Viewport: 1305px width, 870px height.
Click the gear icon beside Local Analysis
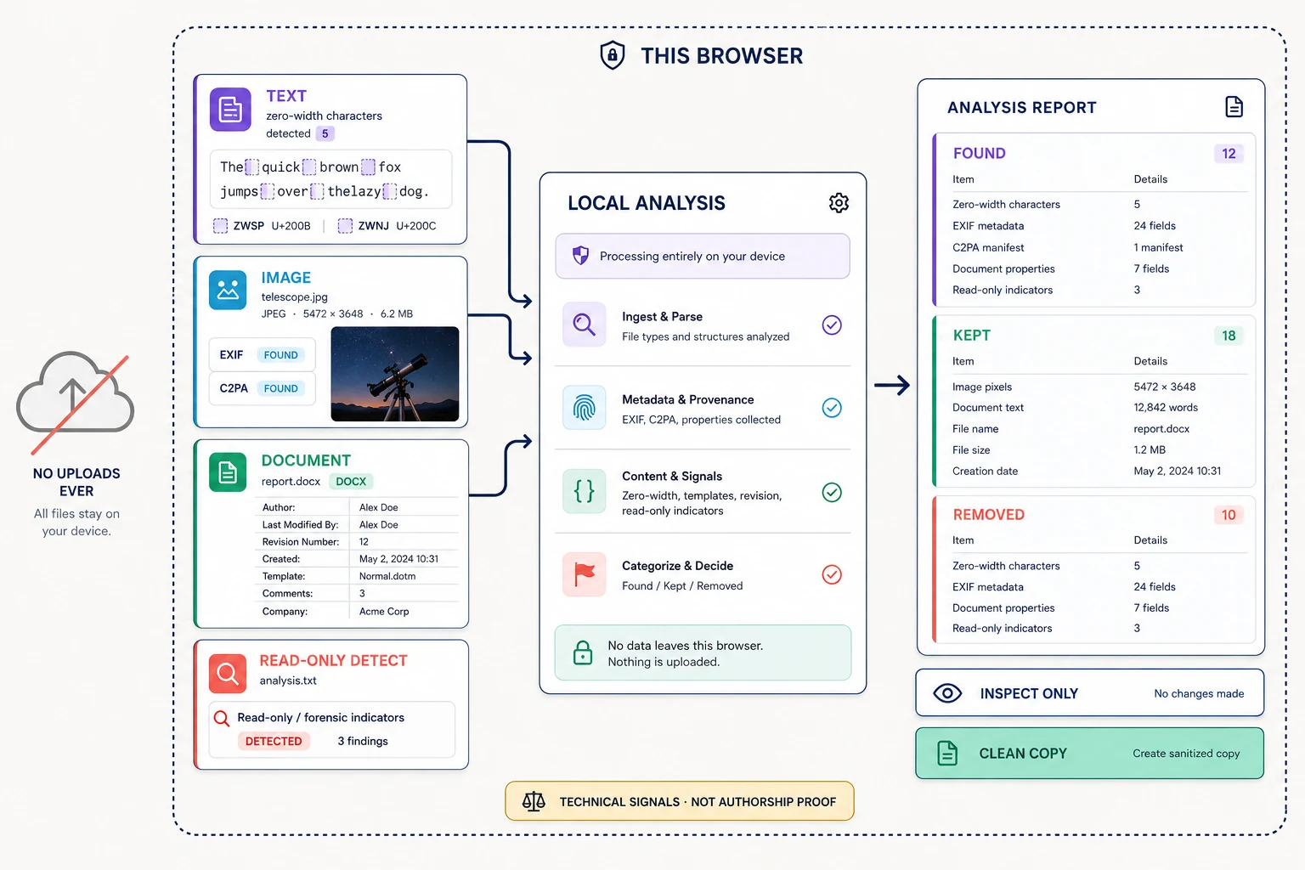click(x=839, y=203)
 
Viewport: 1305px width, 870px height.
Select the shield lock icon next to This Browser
click(x=613, y=55)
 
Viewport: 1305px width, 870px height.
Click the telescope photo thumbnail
click(x=394, y=374)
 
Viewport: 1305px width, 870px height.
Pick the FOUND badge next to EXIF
click(x=280, y=355)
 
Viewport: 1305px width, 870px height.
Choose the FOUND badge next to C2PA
click(x=280, y=388)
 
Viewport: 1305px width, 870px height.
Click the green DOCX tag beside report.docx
click(x=351, y=482)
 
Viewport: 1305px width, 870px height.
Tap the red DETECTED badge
click(x=274, y=741)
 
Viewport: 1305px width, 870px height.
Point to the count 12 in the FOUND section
click(x=1229, y=153)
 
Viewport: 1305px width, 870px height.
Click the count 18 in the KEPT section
click(x=1229, y=335)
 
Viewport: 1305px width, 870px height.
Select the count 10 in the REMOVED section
click(x=1229, y=515)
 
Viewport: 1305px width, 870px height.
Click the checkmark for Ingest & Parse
click(x=832, y=325)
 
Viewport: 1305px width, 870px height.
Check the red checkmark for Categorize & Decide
click(x=832, y=574)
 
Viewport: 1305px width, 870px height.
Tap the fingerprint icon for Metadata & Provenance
click(x=584, y=407)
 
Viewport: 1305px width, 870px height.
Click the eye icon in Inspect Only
click(x=947, y=692)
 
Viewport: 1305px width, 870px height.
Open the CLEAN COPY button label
click(x=1022, y=754)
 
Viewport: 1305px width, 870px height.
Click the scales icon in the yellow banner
click(x=533, y=801)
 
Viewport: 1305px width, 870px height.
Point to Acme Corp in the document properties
click(x=384, y=611)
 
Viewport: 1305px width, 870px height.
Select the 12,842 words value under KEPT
click(x=1165, y=407)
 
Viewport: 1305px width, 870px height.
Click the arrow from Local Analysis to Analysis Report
click(x=892, y=385)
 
